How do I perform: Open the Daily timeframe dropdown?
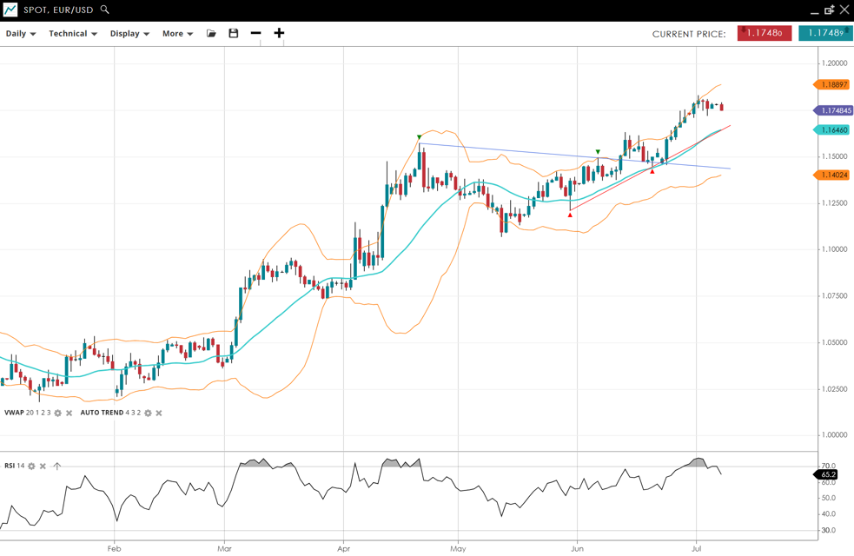[21, 34]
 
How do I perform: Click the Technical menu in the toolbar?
[72, 34]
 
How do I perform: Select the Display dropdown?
[129, 34]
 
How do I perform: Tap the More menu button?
[177, 34]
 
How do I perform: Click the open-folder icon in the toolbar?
[211, 34]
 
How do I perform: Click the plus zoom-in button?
[279, 33]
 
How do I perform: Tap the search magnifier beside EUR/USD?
[105, 10]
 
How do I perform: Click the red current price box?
[764, 33]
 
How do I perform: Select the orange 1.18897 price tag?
[834, 84]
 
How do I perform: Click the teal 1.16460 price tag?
[834, 129]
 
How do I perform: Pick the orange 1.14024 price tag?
[834, 175]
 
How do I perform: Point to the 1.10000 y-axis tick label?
[836, 249]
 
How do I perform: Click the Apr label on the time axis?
[343, 548]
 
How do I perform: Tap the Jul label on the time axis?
[696, 548]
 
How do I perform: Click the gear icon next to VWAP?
[58, 413]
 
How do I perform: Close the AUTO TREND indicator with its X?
[159, 413]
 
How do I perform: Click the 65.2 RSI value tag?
[828, 474]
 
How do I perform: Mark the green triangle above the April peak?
[420, 137]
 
